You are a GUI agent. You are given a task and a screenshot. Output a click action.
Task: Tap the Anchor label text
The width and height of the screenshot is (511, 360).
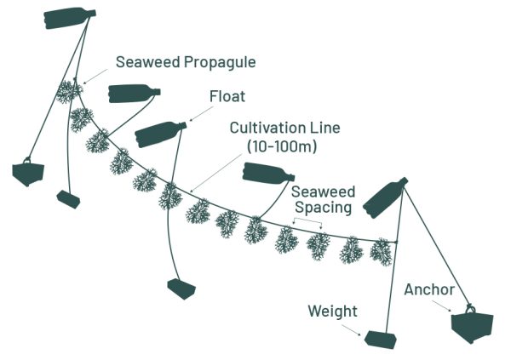coord(431,290)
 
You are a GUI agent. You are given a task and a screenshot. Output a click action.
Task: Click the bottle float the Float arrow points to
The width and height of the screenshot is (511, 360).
coord(161,133)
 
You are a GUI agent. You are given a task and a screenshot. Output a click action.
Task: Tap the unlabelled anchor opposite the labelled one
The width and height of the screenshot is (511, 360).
coord(29,172)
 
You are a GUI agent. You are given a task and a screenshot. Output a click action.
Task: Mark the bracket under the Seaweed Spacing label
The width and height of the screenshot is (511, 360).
coord(306,224)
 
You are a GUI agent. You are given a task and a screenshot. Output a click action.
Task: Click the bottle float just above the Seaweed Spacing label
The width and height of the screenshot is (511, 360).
coord(269,174)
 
